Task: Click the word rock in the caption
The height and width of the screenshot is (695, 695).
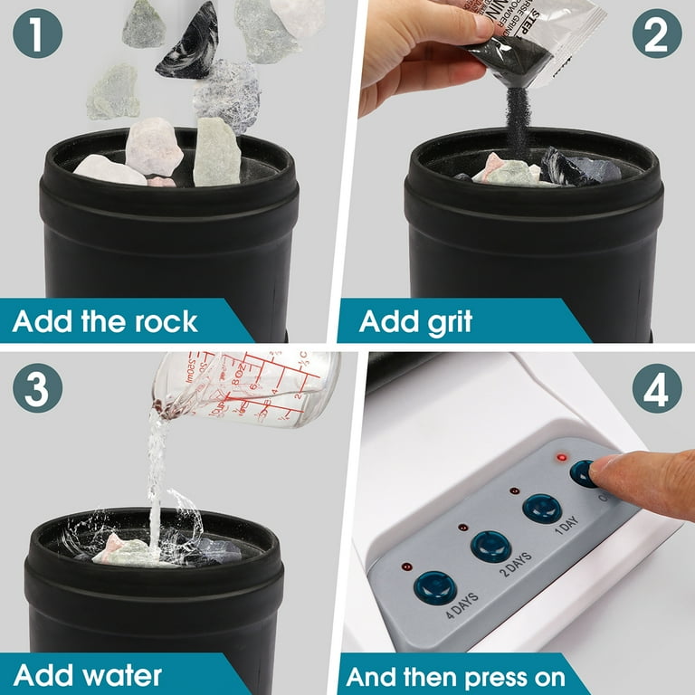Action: (172, 322)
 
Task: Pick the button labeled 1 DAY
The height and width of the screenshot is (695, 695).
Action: (541, 509)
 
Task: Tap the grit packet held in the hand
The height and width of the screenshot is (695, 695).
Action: (534, 41)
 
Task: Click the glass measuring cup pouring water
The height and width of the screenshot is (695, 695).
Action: (262, 386)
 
